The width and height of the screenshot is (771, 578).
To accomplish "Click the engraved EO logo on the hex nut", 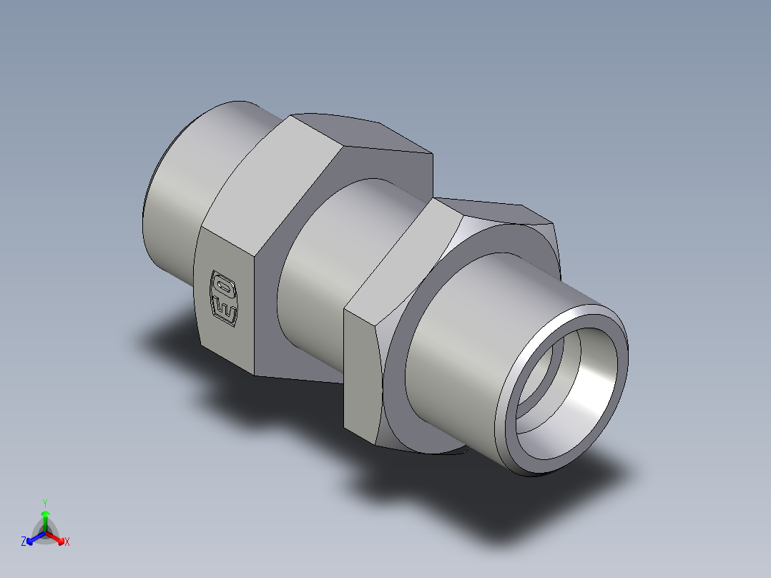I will pos(224,297).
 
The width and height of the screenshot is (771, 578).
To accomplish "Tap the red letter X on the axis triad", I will pos(67,542).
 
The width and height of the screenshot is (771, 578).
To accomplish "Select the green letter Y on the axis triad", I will pos(45,502).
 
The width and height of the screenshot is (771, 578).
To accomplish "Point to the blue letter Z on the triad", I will pos(24,542).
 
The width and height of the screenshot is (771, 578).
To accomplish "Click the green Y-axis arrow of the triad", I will pos(45,518).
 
